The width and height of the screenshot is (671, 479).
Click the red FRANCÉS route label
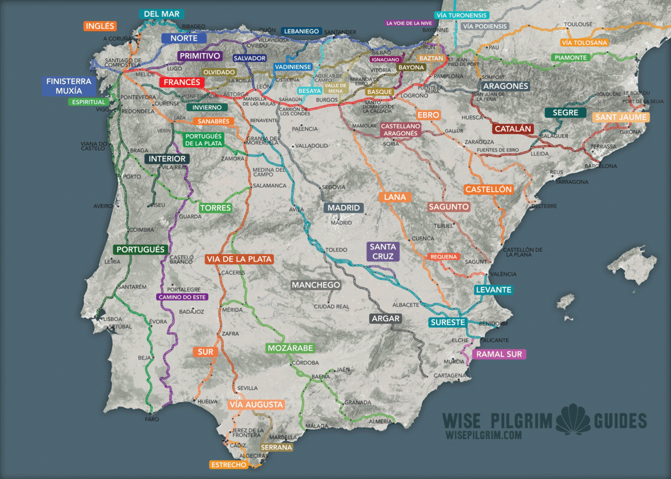(182, 82)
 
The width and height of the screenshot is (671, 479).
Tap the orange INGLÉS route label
(100, 26)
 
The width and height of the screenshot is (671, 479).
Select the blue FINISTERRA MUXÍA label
(69, 86)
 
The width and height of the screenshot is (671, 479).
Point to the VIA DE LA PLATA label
(239, 259)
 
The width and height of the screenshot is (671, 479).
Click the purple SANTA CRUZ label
(383, 252)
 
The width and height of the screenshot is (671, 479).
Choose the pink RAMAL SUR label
(499, 354)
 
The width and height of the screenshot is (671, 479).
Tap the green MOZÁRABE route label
(290, 348)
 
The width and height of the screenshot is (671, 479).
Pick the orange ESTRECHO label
(229, 465)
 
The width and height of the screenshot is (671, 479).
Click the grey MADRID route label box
(344, 208)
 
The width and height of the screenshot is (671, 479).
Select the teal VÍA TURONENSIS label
(462, 15)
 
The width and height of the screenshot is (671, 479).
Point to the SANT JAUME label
(621, 117)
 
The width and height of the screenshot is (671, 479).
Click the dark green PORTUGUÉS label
(140, 249)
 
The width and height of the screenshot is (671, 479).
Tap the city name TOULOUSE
(578, 24)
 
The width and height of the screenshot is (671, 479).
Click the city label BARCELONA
(601, 166)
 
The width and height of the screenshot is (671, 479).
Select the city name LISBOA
(112, 319)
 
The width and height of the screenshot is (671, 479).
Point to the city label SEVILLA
(247, 388)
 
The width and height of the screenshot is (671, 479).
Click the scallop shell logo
(573, 420)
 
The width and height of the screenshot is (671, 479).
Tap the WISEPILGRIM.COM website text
(483, 435)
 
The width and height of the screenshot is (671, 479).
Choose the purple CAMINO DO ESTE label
(182, 297)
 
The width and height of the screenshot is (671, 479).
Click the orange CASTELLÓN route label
(488, 189)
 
